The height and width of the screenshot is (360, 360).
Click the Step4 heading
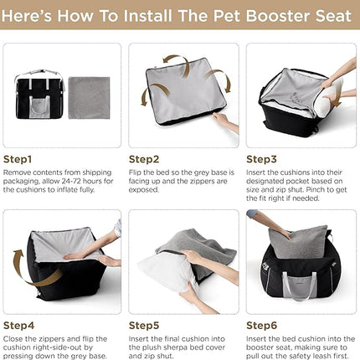pos(18,325)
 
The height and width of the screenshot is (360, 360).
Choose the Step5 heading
pos(143,325)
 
